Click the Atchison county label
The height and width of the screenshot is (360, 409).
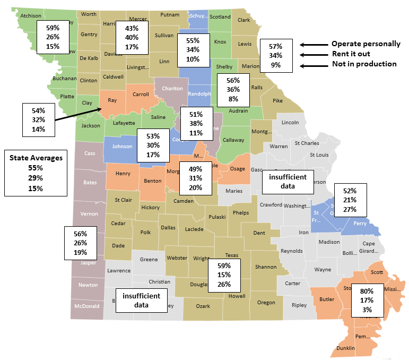click(30, 16)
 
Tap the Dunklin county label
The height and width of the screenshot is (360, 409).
click(345, 348)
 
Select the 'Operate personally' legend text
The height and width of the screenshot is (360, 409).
click(366, 44)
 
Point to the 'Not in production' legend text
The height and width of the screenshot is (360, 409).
click(364, 64)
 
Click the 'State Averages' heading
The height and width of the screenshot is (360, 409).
click(36, 157)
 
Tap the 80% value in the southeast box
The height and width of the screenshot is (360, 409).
click(367, 291)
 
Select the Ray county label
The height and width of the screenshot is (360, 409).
click(112, 100)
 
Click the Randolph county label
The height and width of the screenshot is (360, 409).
click(199, 94)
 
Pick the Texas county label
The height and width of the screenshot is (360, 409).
click(225, 255)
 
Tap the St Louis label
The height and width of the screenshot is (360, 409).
click(320, 155)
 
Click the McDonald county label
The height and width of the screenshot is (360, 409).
click(87, 306)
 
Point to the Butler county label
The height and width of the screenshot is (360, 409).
click(327, 299)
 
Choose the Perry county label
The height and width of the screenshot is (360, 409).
click(360, 224)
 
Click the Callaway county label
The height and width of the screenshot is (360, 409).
click(232, 140)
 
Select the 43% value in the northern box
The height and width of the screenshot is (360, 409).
click(132, 28)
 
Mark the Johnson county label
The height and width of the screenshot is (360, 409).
click(123, 146)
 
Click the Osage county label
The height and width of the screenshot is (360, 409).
click(237, 168)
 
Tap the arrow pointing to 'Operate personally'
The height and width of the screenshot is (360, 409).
click(313, 45)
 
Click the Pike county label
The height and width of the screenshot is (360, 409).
click(278, 100)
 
